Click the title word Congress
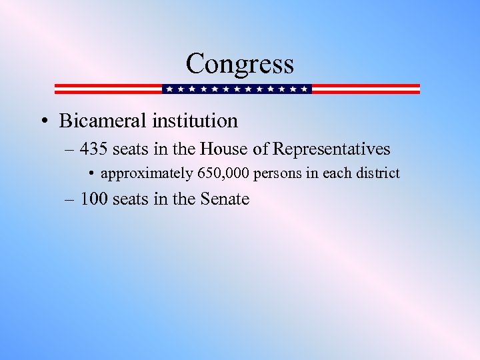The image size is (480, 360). point(239,64)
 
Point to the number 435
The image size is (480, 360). point(95,149)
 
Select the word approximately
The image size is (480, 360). point(147,174)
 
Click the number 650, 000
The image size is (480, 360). point(223,173)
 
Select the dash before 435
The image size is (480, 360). point(71,149)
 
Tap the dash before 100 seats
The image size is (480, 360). point(71,199)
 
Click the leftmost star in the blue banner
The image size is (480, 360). point(169,89)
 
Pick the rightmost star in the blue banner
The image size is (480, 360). point(305,89)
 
